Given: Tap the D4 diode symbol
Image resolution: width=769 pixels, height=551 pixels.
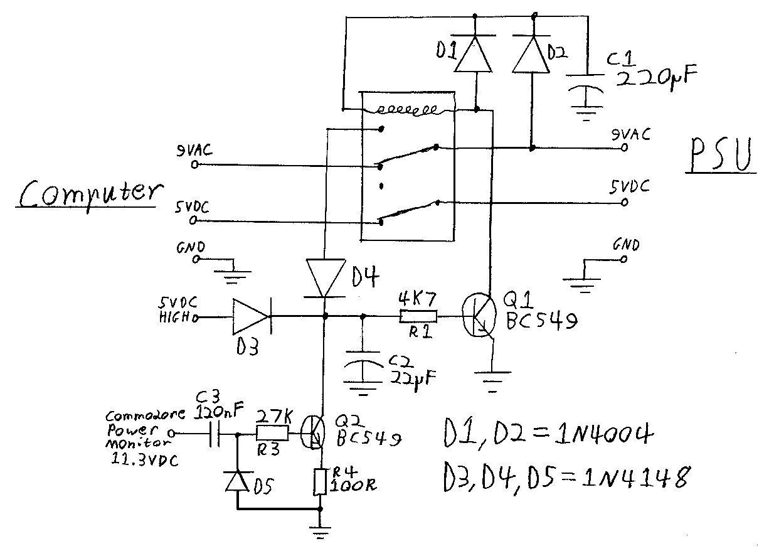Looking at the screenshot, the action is click(x=325, y=278).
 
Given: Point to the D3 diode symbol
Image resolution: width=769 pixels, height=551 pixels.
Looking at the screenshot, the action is click(x=252, y=316).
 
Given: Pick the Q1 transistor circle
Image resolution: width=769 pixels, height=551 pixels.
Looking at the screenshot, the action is click(x=479, y=315).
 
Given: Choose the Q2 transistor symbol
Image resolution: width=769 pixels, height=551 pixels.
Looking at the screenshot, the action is click(x=313, y=433).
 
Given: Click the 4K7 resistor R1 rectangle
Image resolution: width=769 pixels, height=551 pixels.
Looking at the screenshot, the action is click(x=418, y=316).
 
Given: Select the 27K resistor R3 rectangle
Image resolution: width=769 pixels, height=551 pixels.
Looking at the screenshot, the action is click(x=273, y=433).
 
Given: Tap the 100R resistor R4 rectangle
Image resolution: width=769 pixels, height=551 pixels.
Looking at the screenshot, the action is click(x=320, y=481).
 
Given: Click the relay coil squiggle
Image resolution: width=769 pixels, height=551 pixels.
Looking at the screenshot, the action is click(x=407, y=110).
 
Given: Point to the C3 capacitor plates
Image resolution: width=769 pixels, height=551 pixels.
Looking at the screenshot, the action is click(x=215, y=434).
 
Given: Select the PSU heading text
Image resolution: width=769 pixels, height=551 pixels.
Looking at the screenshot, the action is click(x=720, y=155).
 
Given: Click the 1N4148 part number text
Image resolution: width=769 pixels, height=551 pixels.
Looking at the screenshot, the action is click(x=636, y=478).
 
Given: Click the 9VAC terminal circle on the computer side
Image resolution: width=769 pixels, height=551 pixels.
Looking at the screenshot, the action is click(x=194, y=164).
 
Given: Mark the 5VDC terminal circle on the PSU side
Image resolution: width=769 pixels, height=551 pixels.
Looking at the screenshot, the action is click(x=625, y=202).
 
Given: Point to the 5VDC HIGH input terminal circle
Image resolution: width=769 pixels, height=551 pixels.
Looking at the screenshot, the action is click(x=195, y=318).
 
